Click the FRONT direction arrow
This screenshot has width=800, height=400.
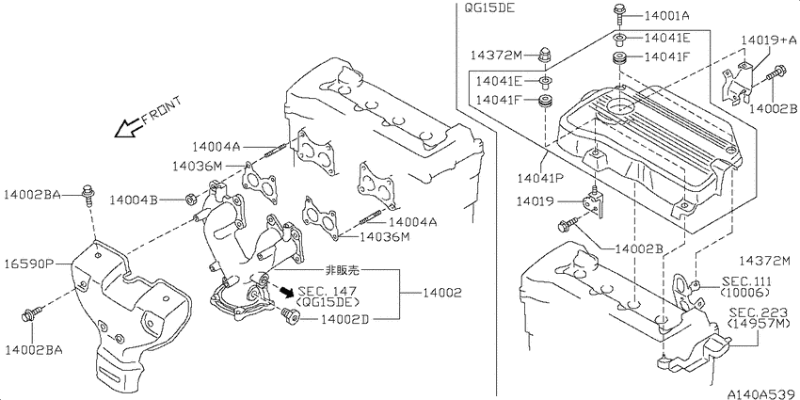129,129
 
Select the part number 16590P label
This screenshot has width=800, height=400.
29,264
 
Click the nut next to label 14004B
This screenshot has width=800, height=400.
189,199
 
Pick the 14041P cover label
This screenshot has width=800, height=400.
540,178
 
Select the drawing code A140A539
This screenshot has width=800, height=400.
762,393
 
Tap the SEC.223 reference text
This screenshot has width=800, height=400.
755,312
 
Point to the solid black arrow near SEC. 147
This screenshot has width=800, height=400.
286,292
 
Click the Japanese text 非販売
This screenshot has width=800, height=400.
342,270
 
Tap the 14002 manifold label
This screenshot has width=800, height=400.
441,293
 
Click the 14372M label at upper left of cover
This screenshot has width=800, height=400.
495,55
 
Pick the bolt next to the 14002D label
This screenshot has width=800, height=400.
290,316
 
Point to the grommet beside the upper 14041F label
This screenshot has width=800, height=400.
620,57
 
